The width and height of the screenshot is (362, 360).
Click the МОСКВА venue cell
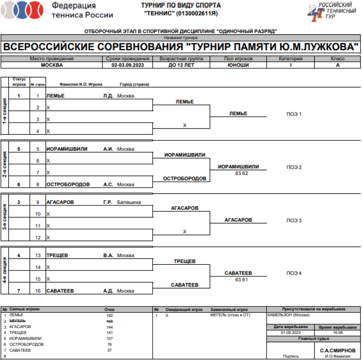click(x=52, y=65)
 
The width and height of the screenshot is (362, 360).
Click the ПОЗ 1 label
click(x=294, y=114)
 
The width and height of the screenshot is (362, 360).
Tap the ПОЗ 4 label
click(x=294, y=274)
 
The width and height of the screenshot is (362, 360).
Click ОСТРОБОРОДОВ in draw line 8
click(x=68, y=185)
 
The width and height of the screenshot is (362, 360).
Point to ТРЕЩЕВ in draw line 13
click(x=57, y=255)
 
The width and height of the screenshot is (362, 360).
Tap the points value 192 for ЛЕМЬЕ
click(x=109, y=315)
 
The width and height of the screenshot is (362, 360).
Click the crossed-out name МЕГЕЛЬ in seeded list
click(x=17, y=321)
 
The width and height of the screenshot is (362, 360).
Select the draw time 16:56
click(x=337, y=332)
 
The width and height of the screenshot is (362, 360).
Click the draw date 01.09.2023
click(x=290, y=332)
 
